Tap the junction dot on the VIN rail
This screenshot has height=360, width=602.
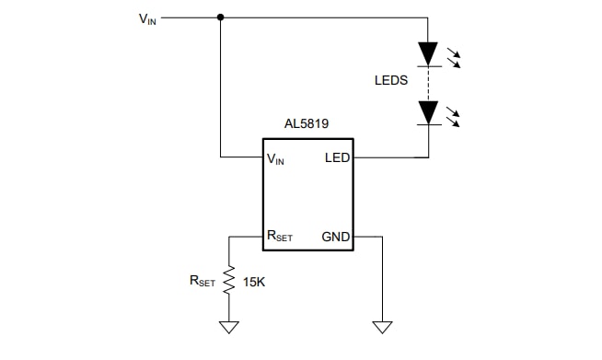pyautogui.click(x=220, y=17)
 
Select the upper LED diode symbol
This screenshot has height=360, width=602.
pyautogui.click(x=428, y=53)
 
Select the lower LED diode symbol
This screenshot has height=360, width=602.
pyautogui.click(x=428, y=112)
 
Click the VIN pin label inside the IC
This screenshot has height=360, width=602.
pyautogui.click(x=276, y=158)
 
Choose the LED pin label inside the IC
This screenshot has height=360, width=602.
pyautogui.click(x=338, y=157)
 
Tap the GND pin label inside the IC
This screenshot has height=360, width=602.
pyautogui.click(x=335, y=237)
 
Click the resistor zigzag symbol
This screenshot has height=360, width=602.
pyautogui.click(x=229, y=279)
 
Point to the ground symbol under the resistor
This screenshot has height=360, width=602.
pyautogui.click(x=229, y=326)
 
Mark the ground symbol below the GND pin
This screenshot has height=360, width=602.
pyautogui.click(x=382, y=326)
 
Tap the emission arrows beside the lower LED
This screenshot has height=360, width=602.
pyautogui.click(x=453, y=116)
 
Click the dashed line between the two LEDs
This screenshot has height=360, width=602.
pyautogui.click(x=428, y=84)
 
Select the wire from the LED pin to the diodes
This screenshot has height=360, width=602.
pyautogui.click(x=391, y=157)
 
